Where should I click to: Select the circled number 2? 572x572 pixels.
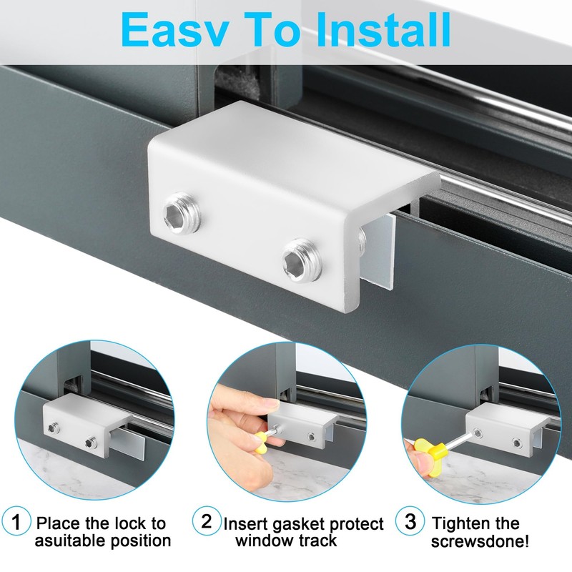pyautogui.click(x=207, y=520)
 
